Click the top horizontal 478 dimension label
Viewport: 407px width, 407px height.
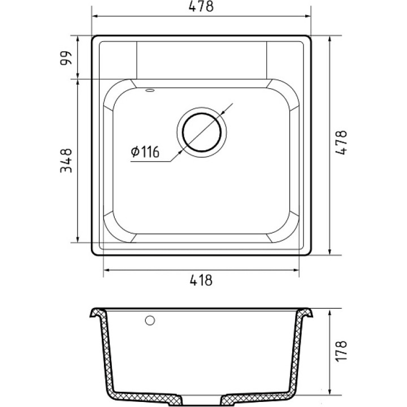point(201,6)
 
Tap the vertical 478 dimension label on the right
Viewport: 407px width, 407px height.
point(341,142)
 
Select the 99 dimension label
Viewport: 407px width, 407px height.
point(66,58)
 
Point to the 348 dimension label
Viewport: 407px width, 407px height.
point(66,161)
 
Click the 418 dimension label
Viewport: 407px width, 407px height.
point(201,280)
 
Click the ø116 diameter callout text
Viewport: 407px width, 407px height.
point(145,152)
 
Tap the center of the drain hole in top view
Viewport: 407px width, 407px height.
point(202,132)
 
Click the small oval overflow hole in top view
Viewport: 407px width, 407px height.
point(150,90)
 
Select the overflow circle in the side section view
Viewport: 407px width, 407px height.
point(150,321)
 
